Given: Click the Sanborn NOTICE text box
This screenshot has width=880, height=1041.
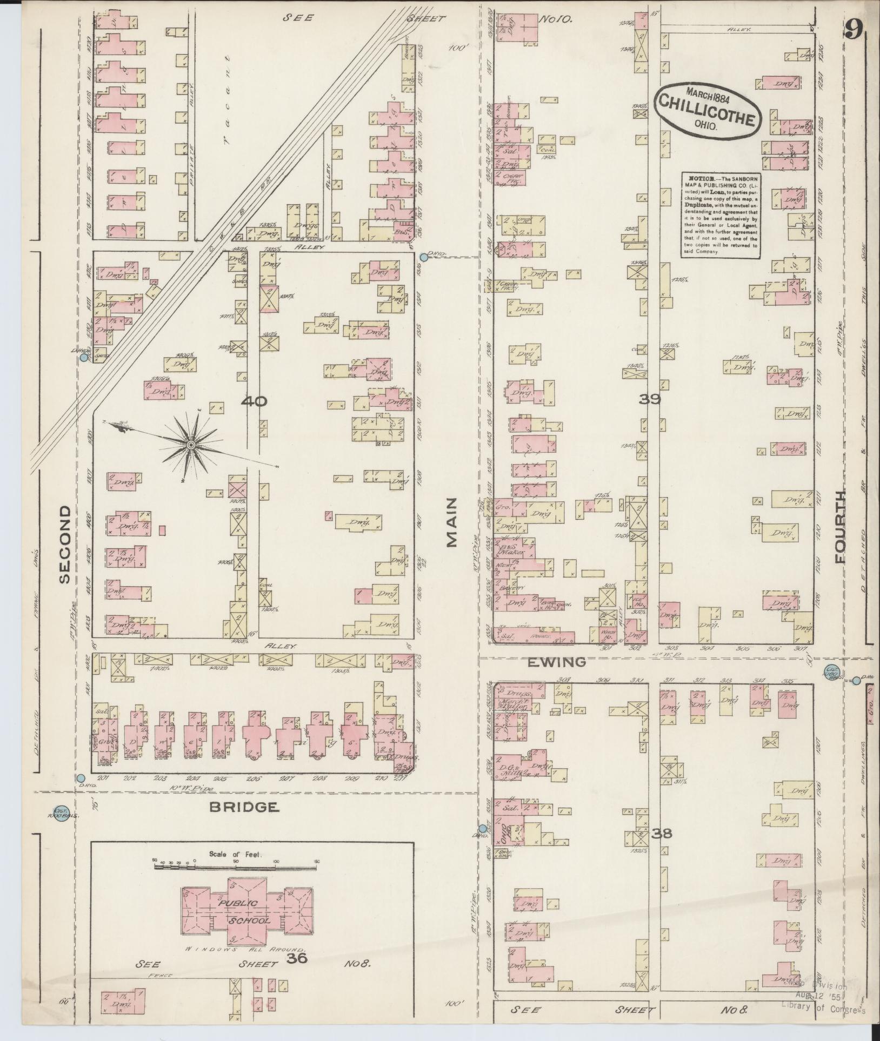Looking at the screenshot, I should pos(719,214).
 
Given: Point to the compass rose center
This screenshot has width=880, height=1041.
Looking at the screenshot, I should pos(190,445).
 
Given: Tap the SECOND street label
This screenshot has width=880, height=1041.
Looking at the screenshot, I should pos(65,544).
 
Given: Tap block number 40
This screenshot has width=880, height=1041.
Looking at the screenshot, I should pos(254,401).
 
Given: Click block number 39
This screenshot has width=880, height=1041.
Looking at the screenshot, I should pos(650,399).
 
